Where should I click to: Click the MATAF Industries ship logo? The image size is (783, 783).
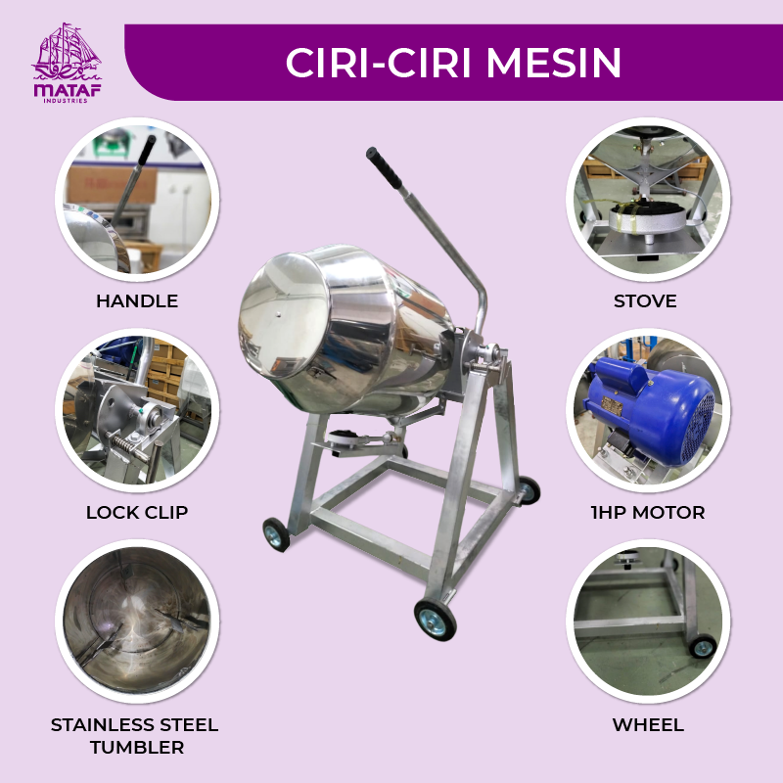click(x=67, y=63)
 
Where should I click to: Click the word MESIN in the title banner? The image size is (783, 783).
click(x=553, y=63)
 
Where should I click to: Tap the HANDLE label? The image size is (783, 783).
click(x=137, y=301)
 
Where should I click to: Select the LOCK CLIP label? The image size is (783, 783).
click(x=137, y=512)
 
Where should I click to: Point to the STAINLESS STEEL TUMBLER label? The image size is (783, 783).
click(x=135, y=736)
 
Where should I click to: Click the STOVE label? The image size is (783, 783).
click(x=645, y=301)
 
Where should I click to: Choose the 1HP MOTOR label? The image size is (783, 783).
click(x=648, y=512)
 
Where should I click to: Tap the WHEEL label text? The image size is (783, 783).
click(x=648, y=724)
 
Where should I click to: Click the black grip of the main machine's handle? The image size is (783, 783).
click(x=384, y=167)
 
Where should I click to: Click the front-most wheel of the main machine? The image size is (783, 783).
click(x=435, y=620)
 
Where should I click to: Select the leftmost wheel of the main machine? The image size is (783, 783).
click(x=276, y=534)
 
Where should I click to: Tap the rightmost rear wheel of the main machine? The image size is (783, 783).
click(x=529, y=490)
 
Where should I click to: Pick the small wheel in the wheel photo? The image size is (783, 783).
click(x=703, y=647)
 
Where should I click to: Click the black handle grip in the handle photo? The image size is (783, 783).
click(x=146, y=150)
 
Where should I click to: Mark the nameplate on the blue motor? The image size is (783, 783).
click(x=611, y=406)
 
